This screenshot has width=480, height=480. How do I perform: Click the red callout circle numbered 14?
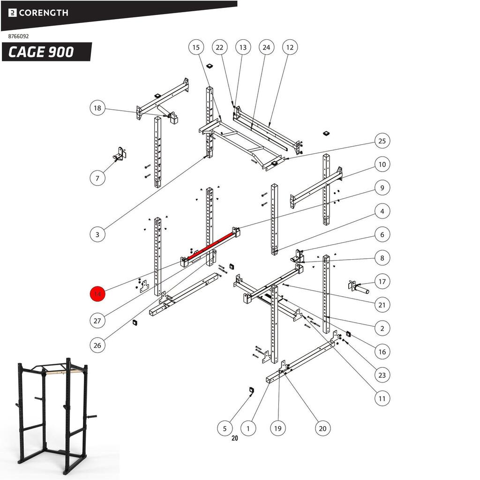point(97,294)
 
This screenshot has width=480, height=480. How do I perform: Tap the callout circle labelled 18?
point(97,108)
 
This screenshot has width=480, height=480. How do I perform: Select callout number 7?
point(97,178)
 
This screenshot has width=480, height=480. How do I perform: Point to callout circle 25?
point(382,141)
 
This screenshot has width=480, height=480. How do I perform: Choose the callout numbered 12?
point(290,47)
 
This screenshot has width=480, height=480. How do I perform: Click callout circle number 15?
point(196,47)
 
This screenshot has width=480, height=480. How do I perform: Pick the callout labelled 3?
point(97,234)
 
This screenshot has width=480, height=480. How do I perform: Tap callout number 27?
point(97,321)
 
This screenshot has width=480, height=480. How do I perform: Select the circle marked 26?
point(97,345)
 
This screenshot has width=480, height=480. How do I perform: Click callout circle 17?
point(382,282)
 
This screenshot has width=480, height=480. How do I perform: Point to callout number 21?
point(382,305)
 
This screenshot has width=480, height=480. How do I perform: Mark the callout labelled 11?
point(382,399)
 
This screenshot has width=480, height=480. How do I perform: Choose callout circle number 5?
point(225,428)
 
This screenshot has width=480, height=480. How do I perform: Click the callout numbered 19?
point(278,428)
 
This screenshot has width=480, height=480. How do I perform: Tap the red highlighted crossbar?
point(210,245)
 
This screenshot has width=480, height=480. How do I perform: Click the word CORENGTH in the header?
point(43,13)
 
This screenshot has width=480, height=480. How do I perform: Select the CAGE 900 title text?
point(41,52)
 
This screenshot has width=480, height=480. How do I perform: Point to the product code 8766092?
point(19,36)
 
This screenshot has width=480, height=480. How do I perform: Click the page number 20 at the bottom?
point(234,438)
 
